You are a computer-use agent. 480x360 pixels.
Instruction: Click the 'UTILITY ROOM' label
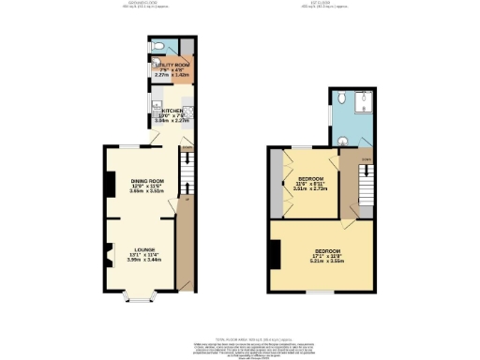(172, 64)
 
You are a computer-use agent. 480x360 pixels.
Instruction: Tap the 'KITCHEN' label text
(172, 110)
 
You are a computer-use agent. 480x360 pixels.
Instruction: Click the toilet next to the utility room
(159, 47)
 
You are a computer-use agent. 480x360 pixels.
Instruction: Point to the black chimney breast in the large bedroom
(275, 253)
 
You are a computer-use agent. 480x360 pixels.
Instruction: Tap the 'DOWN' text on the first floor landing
(367, 160)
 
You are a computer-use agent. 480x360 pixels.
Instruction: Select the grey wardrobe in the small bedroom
(277, 183)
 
